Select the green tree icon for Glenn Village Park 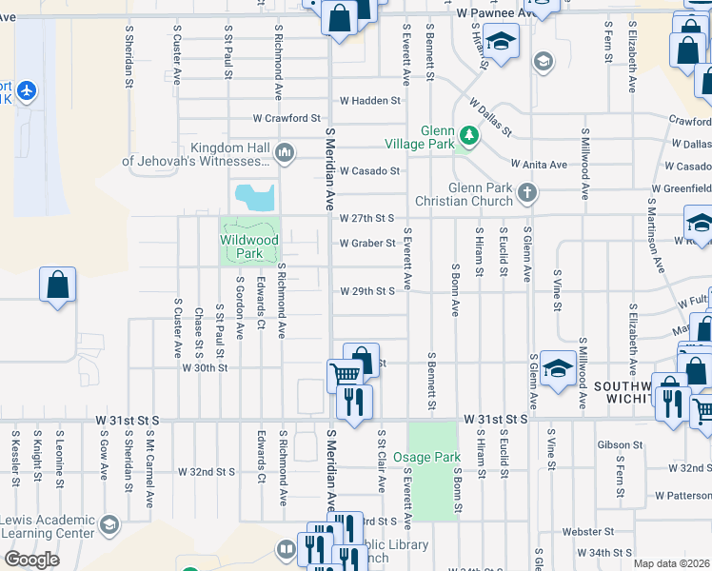point(467,134)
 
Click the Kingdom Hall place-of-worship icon point(284,152)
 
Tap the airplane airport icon point(26,91)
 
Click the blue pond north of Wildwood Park point(255,198)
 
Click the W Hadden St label point(369,100)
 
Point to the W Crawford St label point(287,118)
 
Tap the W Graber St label point(367,243)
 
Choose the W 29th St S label point(367,291)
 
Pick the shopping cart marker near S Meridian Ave point(344,375)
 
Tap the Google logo point(31,560)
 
